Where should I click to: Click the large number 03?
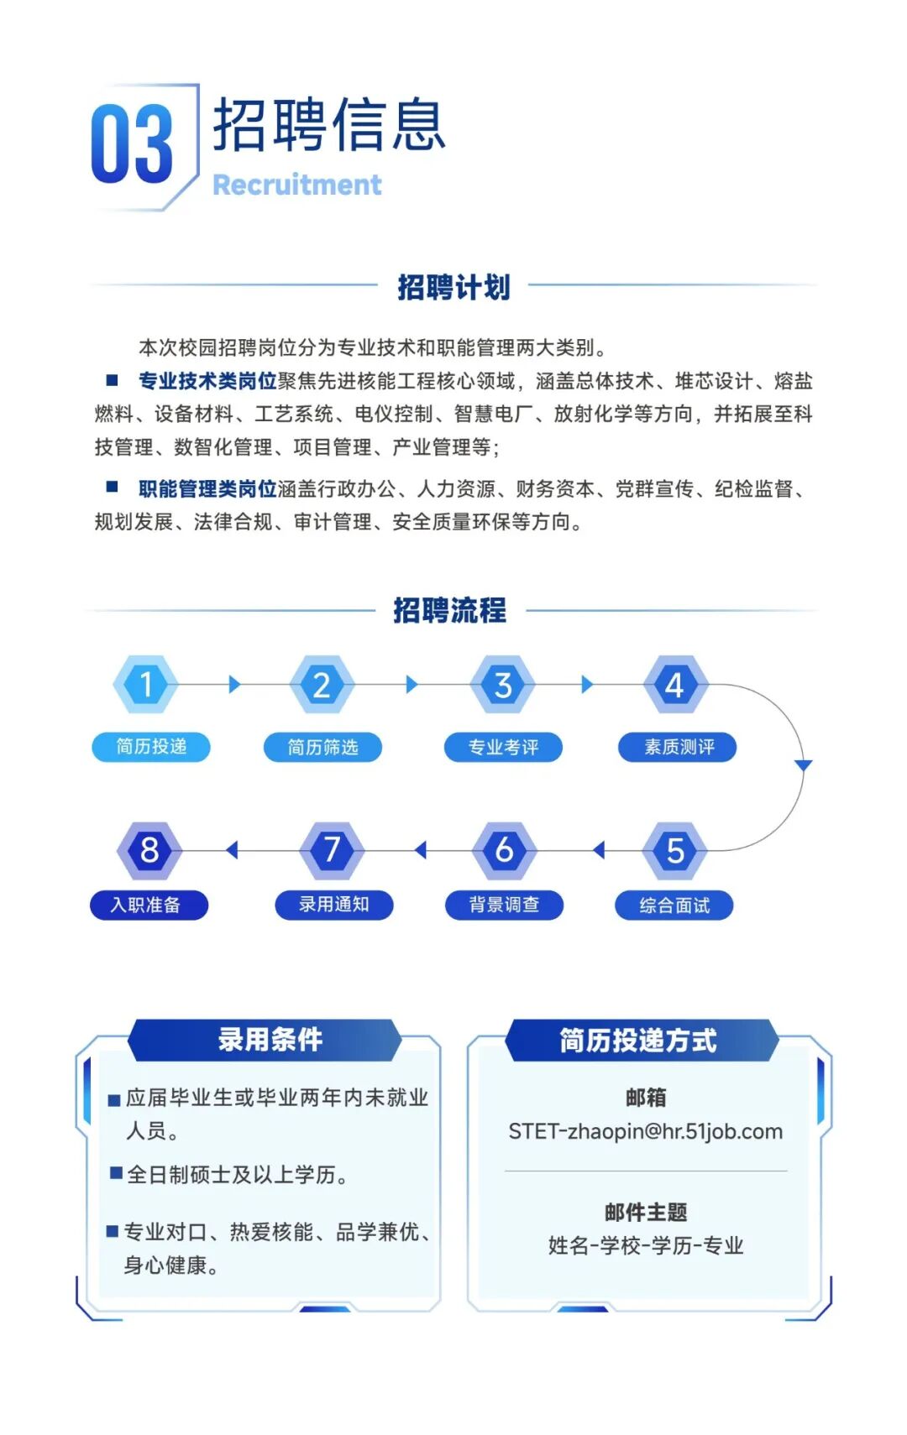pyautogui.click(x=132, y=143)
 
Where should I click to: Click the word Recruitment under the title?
pyautogui.click(x=296, y=185)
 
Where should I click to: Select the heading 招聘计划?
pyautogui.click(x=453, y=286)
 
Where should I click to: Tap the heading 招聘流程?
pyautogui.click(x=450, y=610)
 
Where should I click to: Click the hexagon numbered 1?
pyautogui.click(x=146, y=684)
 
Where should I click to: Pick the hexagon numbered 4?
pyautogui.click(x=675, y=684)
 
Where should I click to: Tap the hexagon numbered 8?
pyautogui.click(x=149, y=850)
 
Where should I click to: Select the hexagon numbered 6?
pyautogui.click(x=504, y=850)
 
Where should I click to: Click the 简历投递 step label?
pyautogui.click(x=151, y=746)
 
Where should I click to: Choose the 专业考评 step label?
pyautogui.click(x=503, y=747)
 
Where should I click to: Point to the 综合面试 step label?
pyautogui.click(x=674, y=905)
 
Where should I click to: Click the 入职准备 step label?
pyautogui.click(x=149, y=905)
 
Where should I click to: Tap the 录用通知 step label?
pyautogui.click(x=334, y=905)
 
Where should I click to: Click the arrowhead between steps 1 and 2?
pyautogui.click(x=234, y=684)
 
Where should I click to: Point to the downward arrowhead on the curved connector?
pyautogui.click(x=803, y=764)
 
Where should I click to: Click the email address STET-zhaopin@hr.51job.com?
pyautogui.click(x=646, y=1131)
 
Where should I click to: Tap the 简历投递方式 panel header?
pyautogui.click(x=642, y=1040)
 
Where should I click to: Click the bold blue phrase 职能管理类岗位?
pyautogui.click(x=207, y=488)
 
